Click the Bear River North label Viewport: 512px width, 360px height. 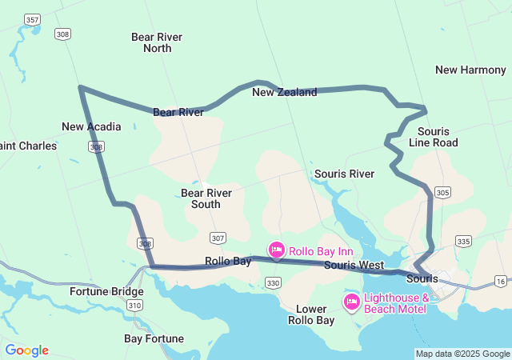pyautogui.click(x=157, y=42)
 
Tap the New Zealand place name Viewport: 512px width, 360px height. pyautogui.click(x=284, y=92)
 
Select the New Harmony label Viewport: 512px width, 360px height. pyautogui.click(x=470, y=70)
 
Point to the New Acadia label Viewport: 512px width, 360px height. pyautogui.click(x=91, y=126)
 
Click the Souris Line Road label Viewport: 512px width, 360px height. pyautogui.click(x=433, y=137)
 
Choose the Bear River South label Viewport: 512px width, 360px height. pyautogui.click(x=206, y=198)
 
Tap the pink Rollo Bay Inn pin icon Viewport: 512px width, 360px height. pyautogui.click(x=276, y=250)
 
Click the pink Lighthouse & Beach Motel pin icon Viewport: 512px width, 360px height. pyautogui.click(x=351, y=302)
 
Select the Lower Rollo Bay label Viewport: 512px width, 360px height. pyautogui.click(x=311, y=314)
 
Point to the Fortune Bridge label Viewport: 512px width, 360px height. pyautogui.click(x=106, y=291)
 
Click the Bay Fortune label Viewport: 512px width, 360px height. pyautogui.click(x=155, y=338)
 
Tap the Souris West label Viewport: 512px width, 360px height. pyautogui.click(x=354, y=265)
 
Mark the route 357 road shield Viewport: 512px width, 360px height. pyautogui.click(x=32, y=18)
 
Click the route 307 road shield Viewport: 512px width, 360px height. pyautogui.click(x=218, y=238)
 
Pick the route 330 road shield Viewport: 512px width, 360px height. pyautogui.click(x=274, y=283)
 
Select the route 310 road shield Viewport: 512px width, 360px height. pyautogui.click(x=134, y=306)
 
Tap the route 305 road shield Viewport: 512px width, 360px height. pyautogui.click(x=443, y=193)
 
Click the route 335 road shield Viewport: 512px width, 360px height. pyautogui.click(x=463, y=241)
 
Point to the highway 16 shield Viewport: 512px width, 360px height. pyautogui.click(x=501, y=281)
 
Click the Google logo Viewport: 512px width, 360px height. pyautogui.click(x=26, y=350)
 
